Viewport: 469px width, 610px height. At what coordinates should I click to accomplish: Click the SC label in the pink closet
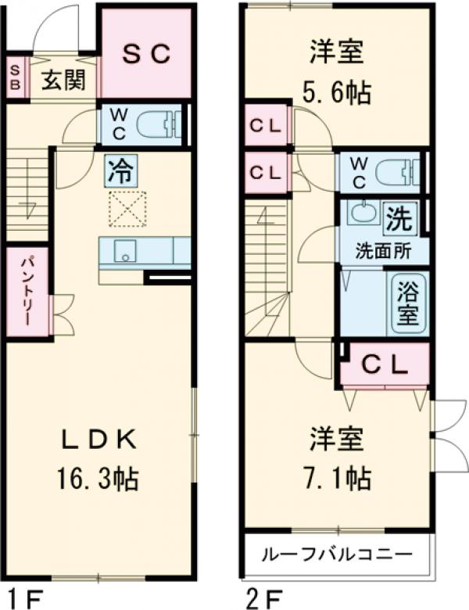coord(145,53)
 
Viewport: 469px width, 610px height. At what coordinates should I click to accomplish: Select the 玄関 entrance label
coord(63,80)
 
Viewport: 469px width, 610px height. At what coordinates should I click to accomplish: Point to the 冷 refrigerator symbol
coord(120,170)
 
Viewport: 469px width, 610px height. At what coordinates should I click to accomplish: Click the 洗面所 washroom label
coord(383,252)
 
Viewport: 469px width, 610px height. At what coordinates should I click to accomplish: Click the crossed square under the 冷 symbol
coord(127,209)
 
